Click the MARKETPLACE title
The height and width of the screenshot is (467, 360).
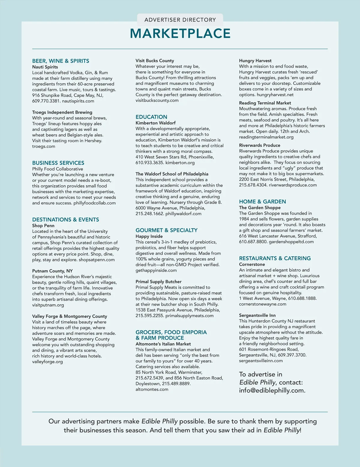(180, 33)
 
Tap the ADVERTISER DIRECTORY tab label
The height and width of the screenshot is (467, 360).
(180, 20)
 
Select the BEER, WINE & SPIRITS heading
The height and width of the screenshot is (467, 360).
(61, 61)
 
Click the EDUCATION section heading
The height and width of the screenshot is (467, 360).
(151, 117)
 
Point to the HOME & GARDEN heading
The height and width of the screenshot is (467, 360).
(262, 201)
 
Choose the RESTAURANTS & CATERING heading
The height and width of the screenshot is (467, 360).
(275, 258)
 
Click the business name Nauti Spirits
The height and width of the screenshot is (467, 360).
(45, 67)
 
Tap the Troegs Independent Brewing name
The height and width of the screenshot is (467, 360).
(62, 112)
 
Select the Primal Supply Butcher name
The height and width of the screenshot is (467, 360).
(158, 281)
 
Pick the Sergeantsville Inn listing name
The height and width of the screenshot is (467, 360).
(257, 315)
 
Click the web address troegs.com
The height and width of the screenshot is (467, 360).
(43, 146)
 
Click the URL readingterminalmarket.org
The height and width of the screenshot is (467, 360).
(266, 137)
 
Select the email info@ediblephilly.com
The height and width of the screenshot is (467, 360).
(272, 390)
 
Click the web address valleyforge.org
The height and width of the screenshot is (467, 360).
(47, 361)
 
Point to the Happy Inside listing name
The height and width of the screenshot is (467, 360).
(149, 236)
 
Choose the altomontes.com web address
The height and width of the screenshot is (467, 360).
(152, 389)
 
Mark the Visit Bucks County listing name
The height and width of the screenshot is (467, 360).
(155, 61)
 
